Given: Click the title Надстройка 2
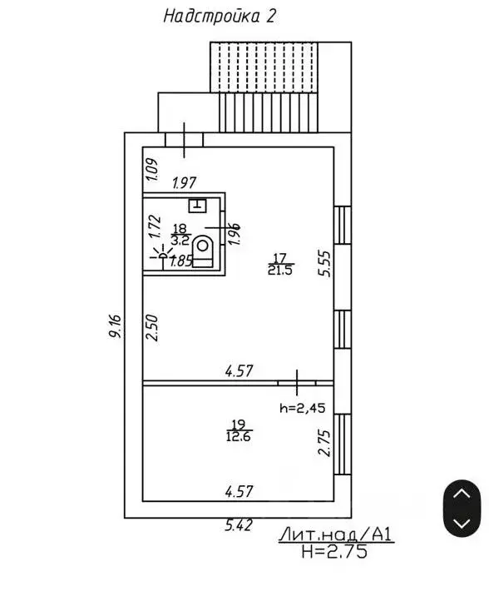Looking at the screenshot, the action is coord(220,17).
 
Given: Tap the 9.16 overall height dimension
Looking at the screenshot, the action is coord(115,325).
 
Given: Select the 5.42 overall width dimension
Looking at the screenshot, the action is coord(239,525).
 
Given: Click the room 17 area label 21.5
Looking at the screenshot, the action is coord(279,271).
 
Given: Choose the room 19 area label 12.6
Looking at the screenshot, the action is coord(239,436).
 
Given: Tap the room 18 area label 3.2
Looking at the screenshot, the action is coord(180,241).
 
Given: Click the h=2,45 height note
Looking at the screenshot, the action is coord(303,408).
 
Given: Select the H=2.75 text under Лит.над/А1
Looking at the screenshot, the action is coord(334,551).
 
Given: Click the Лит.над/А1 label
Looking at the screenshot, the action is coord(336,534).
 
